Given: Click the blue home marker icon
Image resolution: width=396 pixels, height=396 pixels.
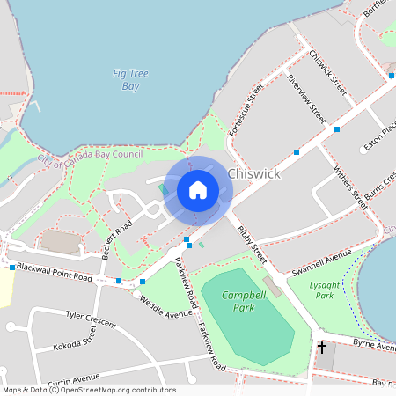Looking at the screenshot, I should click(x=198, y=190).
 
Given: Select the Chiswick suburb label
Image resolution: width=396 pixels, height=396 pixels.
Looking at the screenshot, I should click(x=253, y=173).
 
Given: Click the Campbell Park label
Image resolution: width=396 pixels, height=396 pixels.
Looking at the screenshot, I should click(x=238, y=302).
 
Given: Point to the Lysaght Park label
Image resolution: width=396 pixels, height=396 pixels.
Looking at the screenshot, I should click(x=323, y=290).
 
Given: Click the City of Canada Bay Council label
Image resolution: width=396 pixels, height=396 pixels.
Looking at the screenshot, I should click(x=90, y=158).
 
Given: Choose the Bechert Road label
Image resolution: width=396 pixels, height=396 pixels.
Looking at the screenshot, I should click(x=116, y=236).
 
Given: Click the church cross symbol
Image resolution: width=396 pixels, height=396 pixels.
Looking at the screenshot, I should click(x=322, y=348).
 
